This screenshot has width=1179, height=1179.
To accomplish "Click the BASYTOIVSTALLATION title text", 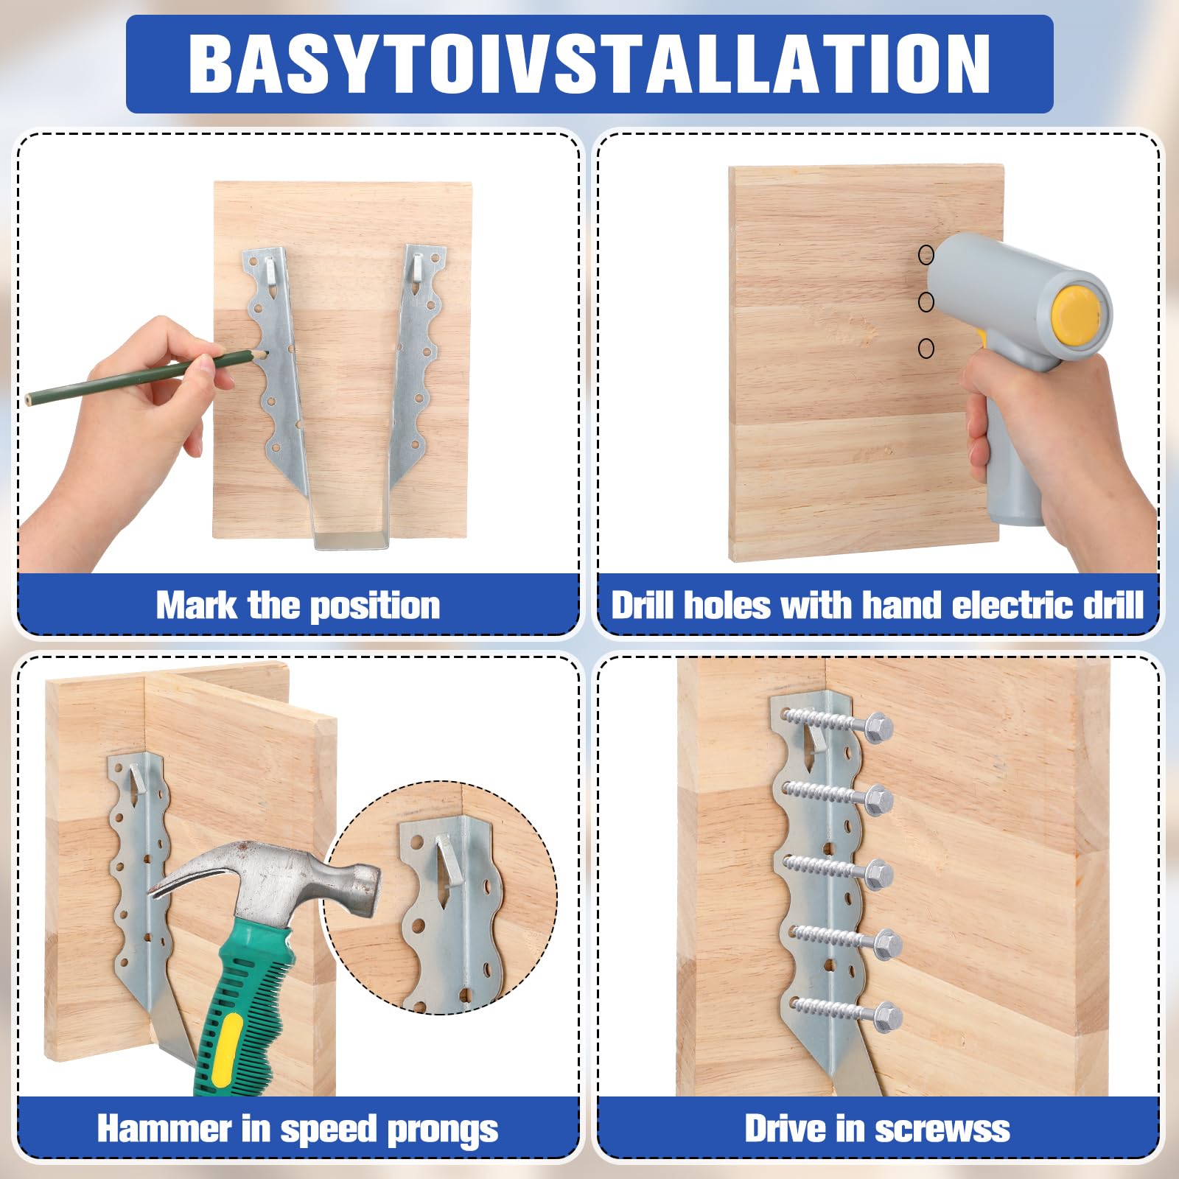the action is [589, 63].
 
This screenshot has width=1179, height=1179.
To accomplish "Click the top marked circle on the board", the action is [926, 255].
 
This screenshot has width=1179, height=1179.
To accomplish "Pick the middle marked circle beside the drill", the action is [926, 301].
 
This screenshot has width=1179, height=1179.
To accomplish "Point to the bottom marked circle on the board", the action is [926, 348].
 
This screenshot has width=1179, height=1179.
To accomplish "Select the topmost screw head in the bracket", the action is [878, 727].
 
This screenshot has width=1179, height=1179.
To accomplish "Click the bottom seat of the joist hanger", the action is [352, 542].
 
